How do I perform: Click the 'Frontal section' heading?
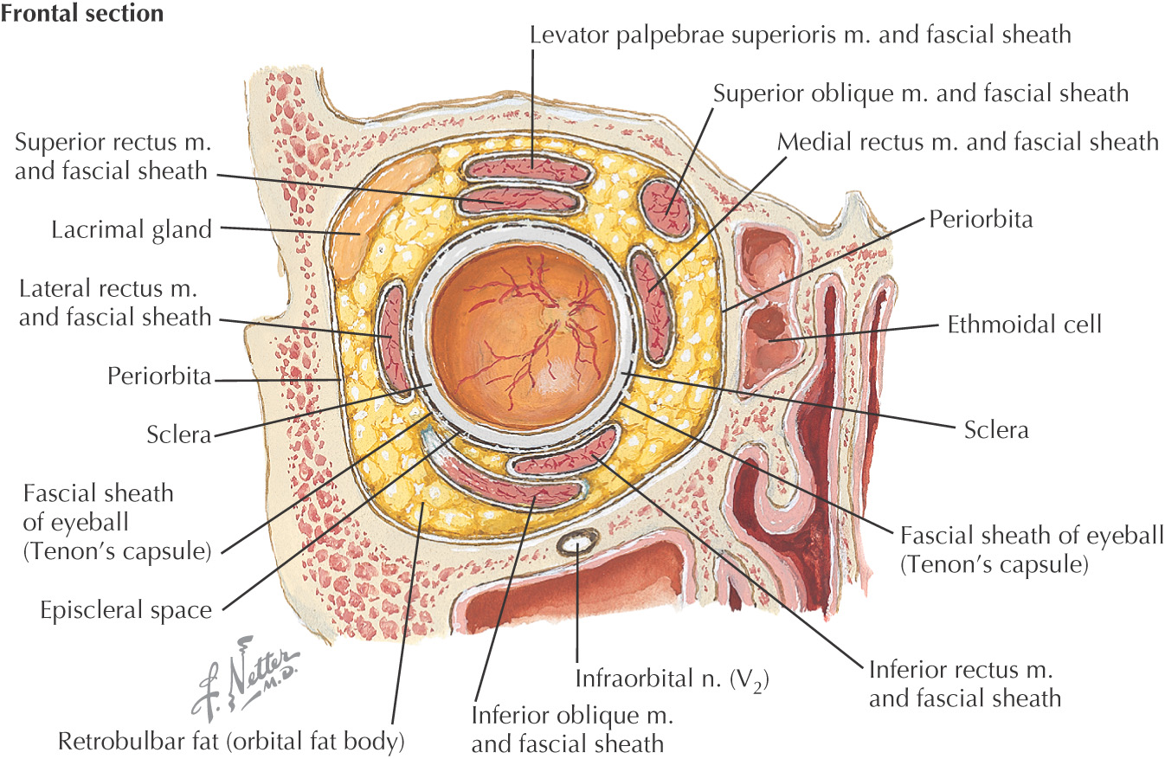point(82,15)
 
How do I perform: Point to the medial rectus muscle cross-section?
point(650,304)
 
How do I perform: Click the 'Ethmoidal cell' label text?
point(1024,325)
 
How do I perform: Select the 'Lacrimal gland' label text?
point(131,230)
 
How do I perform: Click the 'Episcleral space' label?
point(126,610)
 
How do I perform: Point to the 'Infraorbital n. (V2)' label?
point(673,677)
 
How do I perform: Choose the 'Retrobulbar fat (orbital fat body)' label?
point(231,742)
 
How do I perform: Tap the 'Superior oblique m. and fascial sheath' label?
point(921,93)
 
